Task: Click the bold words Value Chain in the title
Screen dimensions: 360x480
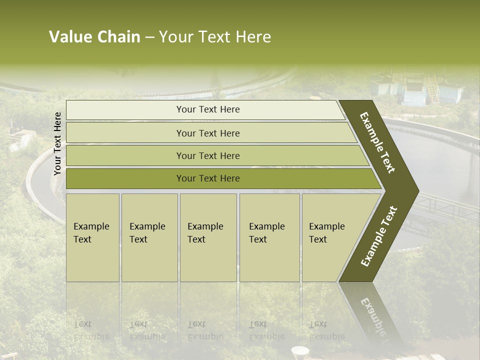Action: click(x=94, y=37)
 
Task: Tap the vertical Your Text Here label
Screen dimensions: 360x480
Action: click(x=57, y=144)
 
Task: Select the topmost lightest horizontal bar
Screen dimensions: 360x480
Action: click(x=205, y=109)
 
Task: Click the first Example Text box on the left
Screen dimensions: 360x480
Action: click(x=92, y=237)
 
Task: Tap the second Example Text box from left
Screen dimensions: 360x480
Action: click(x=149, y=237)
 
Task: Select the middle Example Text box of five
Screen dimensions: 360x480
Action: click(x=208, y=237)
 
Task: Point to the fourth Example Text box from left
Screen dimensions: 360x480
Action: click(x=269, y=237)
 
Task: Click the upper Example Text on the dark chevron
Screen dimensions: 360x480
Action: click(x=378, y=142)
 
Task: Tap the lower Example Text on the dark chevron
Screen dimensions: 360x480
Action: click(x=379, y=236)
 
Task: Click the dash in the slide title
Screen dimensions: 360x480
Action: click(x=149, y=37)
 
